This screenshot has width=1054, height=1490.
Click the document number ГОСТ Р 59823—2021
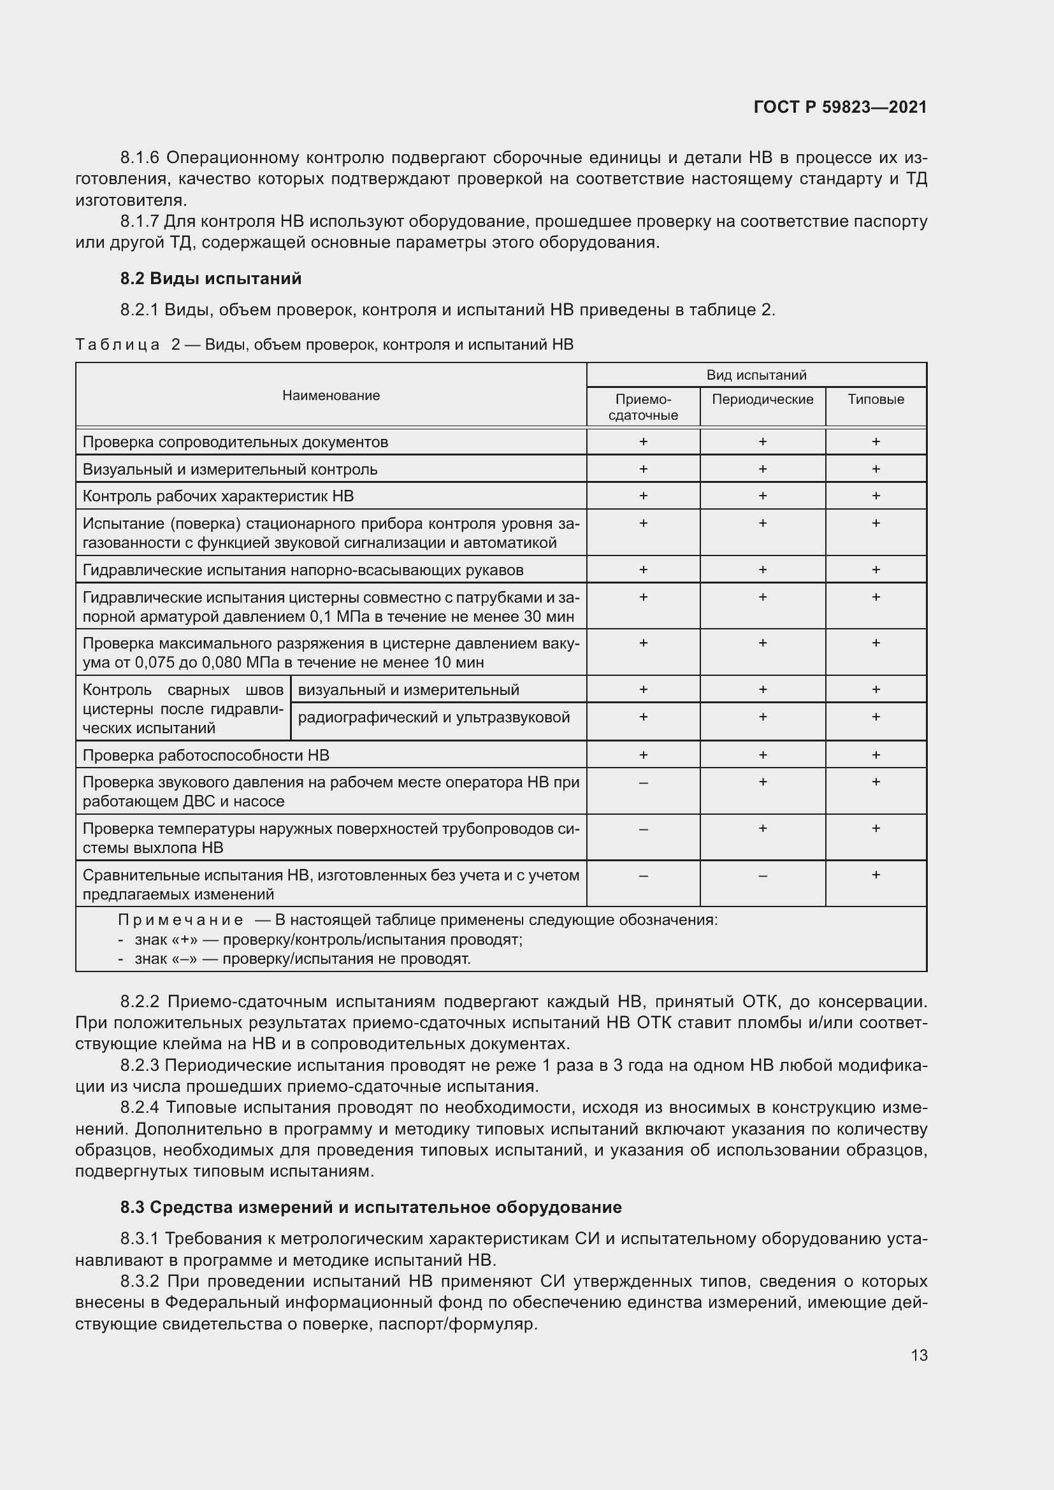pyautogui.click(x=840, y=107)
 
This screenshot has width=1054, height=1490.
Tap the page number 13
pyautogui.click(x=919, y=1355)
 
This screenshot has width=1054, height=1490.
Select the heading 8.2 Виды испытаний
pyautogui.click(x=211, y=278)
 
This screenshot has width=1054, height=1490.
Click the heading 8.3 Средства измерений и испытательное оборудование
pyautogui.click(x=371, y=1207)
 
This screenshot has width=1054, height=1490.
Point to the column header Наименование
pyautogui.click(x=331, y=395)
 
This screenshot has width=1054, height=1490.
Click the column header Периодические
pyautogui.click(x=763, y=399)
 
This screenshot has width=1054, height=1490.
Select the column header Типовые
pyautogui.click(x=876, y=399)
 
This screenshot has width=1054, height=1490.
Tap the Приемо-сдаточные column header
pyautogui.click(x=643, y=407)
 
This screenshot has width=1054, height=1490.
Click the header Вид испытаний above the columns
pyautogui.click(x=756, y=375)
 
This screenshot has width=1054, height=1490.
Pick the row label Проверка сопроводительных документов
pyautogui.click(x=236, y=442)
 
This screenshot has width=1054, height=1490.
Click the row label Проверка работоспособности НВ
pyautogui.click(x=206, y=755)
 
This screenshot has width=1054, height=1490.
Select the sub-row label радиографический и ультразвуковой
pyautogui.click(x=433, y=717)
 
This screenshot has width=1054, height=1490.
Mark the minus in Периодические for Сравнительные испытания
pyautogui.click(x=763, y=875)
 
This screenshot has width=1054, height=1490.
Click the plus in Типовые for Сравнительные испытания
pyautogui.click(x=876, y=875)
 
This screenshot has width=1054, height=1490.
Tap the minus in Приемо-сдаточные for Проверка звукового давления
pyautogui.click(x=643, y=783)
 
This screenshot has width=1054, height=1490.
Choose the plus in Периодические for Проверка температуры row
pyautogui.click(x=763, y=828)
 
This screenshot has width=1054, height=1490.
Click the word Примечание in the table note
pyautogui.click(x=180, y=921)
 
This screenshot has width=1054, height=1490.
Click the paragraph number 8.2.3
pyautogui.click(x=140, y=1066)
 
